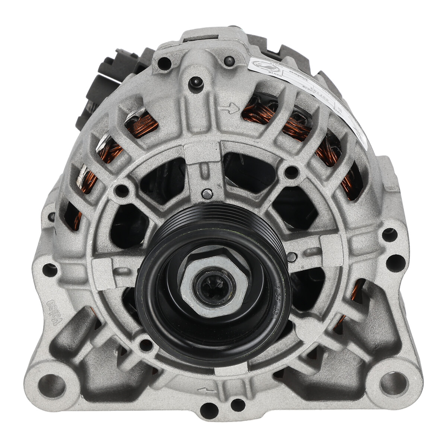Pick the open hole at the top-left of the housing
click(163, 64)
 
